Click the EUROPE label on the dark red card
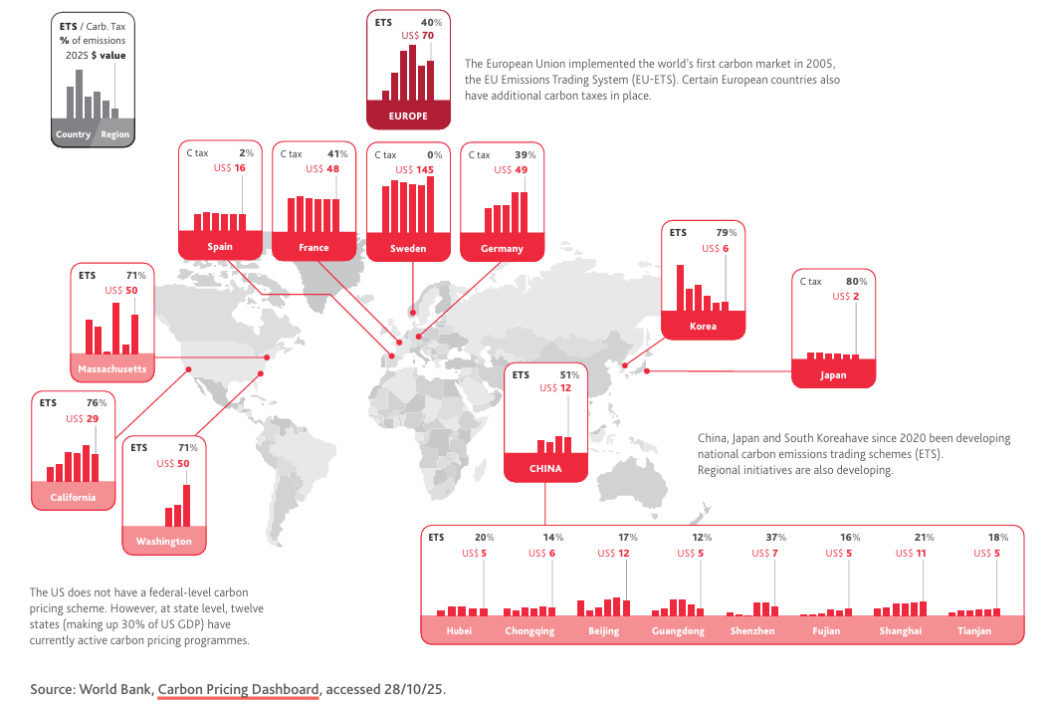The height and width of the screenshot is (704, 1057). [408, 117]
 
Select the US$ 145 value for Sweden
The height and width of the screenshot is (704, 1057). [418, 169]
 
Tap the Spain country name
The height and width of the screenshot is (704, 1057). [220, 247]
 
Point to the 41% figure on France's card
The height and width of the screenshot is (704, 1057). [337, 154]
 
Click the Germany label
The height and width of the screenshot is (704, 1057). [502, 248]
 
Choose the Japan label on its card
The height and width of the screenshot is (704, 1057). [833, 375]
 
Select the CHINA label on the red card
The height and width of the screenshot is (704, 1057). [545, 468]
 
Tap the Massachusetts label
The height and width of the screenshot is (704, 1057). [112, 369]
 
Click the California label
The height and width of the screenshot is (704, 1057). [74, 497]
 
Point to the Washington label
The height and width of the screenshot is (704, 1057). [164, 541]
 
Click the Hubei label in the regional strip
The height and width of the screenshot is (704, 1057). [459, 630]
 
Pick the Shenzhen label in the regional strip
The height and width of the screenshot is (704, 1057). [751, 630]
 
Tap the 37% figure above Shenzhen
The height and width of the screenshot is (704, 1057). [776, 538]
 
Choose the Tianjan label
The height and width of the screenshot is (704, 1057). [973, 630]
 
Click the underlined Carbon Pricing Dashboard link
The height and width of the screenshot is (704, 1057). [239, 688]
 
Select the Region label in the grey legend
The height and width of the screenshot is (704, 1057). [114, 134]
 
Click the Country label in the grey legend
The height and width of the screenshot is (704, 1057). [74, 134]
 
